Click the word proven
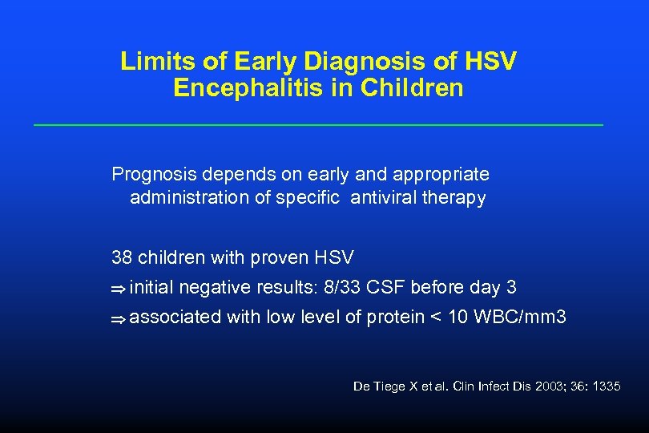tap(284, 257)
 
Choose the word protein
tap(396, 318)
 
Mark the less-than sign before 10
tap(436, 318)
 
